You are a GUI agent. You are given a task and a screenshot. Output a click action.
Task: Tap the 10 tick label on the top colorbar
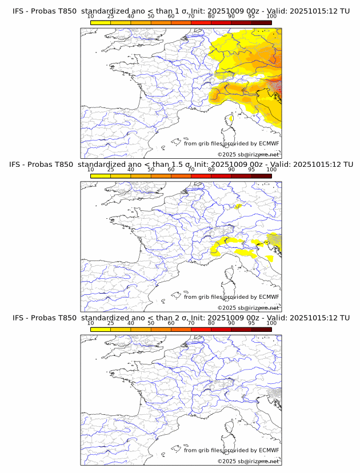90,17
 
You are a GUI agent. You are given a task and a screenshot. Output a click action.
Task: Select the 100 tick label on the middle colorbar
271,170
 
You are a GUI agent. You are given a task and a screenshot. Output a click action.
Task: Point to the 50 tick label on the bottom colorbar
151,323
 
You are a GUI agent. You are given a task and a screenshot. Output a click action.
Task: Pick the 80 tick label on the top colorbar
211,17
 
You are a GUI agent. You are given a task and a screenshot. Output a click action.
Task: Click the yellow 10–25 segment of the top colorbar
101,22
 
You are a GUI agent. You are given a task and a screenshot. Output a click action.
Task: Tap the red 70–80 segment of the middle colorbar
201,176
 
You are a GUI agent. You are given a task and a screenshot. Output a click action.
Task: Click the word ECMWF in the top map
269,143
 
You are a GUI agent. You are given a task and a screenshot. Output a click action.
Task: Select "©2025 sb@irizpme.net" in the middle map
248,308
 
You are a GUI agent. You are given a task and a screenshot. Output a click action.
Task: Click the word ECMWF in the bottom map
269,450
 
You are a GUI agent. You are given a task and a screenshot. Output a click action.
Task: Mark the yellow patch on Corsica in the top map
230,119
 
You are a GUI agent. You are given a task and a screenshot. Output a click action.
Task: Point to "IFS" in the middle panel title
18,165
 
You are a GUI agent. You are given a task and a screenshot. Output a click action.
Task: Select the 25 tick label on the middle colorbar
110,170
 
